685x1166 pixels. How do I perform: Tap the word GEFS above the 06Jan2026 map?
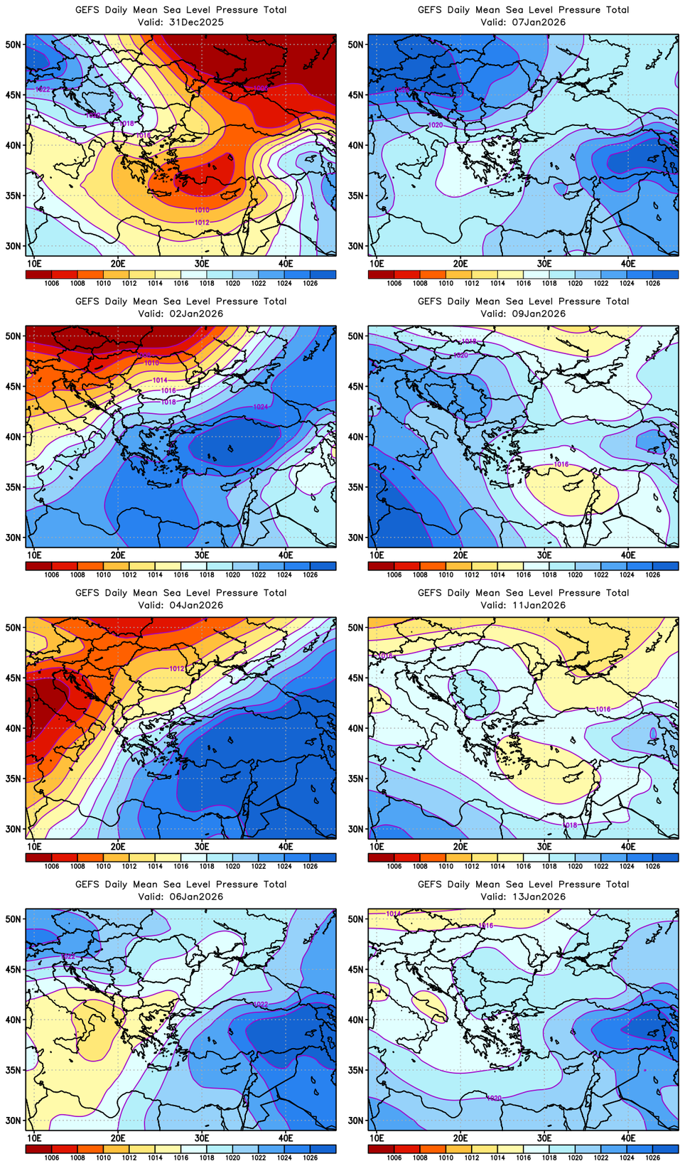87,884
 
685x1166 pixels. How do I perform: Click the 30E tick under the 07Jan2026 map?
544,264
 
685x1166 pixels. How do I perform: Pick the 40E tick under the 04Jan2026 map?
286,847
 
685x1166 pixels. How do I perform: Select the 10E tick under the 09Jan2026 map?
377,555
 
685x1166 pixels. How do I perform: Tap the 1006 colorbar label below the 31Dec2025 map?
51,283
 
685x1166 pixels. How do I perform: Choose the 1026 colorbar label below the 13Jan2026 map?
652,1157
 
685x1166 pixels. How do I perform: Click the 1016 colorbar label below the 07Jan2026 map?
523,283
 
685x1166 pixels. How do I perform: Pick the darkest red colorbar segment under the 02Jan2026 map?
38,566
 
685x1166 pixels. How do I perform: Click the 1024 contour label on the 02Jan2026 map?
261,407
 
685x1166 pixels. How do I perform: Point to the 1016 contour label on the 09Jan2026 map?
561,464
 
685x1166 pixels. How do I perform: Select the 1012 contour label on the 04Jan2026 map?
177,668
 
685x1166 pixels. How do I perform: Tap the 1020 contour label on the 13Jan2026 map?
495,1098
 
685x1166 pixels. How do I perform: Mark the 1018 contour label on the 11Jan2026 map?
570,825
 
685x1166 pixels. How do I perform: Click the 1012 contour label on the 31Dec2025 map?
202,223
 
